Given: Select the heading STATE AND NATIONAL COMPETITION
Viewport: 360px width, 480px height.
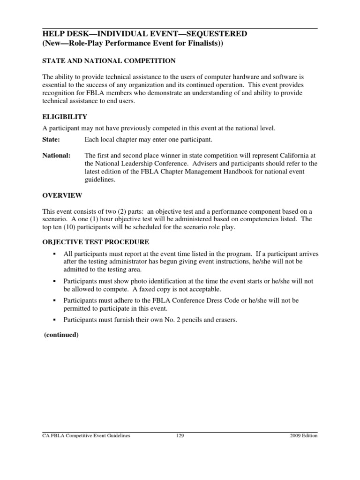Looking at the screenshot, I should click(109, 61).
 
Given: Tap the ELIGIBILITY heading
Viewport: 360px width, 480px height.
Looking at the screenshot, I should click(65, 117).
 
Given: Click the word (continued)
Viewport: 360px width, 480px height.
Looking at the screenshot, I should click(61, 335).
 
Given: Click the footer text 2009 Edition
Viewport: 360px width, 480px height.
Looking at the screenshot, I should click(304, 435).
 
